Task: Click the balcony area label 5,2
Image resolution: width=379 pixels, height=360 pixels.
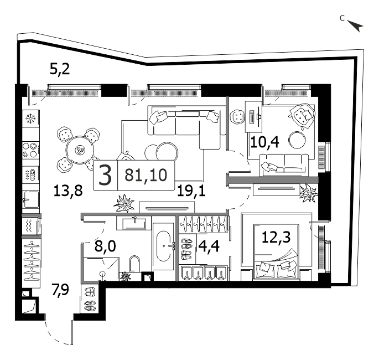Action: click(60, 69)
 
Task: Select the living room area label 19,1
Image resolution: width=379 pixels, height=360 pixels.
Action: click(191, 191)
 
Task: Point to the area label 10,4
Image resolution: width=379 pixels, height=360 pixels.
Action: click(265, 142)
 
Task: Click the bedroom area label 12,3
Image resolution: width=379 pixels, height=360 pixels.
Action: click(276, 237)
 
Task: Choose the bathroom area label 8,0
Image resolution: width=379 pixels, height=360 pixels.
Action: click(105, 246)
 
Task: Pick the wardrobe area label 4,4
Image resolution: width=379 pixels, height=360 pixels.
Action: click(209, 246)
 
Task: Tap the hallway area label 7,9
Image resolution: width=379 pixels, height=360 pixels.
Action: click(60, 290)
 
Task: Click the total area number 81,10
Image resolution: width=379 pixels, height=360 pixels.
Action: click(146, 175)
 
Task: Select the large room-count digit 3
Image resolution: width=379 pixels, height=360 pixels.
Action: click(105, 176)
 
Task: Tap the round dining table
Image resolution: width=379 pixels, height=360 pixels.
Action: click(80, 150)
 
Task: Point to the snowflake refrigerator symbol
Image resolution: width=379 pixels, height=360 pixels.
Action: click(30, 119)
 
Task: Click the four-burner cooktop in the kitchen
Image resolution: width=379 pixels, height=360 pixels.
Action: click(30, 150)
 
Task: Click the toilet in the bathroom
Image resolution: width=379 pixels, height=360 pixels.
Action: click(134, 264)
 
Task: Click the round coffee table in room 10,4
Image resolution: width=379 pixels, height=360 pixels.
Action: click(297, 140)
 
